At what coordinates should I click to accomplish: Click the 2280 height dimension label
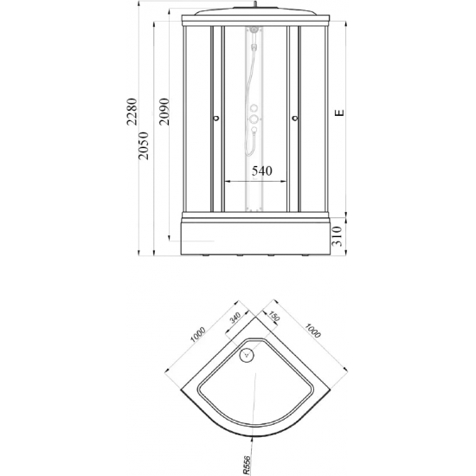coord(132,112)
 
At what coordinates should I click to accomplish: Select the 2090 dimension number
coord(164,112)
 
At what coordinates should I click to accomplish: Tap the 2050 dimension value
coord(143,145)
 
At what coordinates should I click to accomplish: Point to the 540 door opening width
coord(262,170)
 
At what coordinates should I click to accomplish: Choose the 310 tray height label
coord(337,236)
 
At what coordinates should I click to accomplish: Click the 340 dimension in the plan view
coord(235,318)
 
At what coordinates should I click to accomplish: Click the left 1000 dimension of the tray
coord(198,334)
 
